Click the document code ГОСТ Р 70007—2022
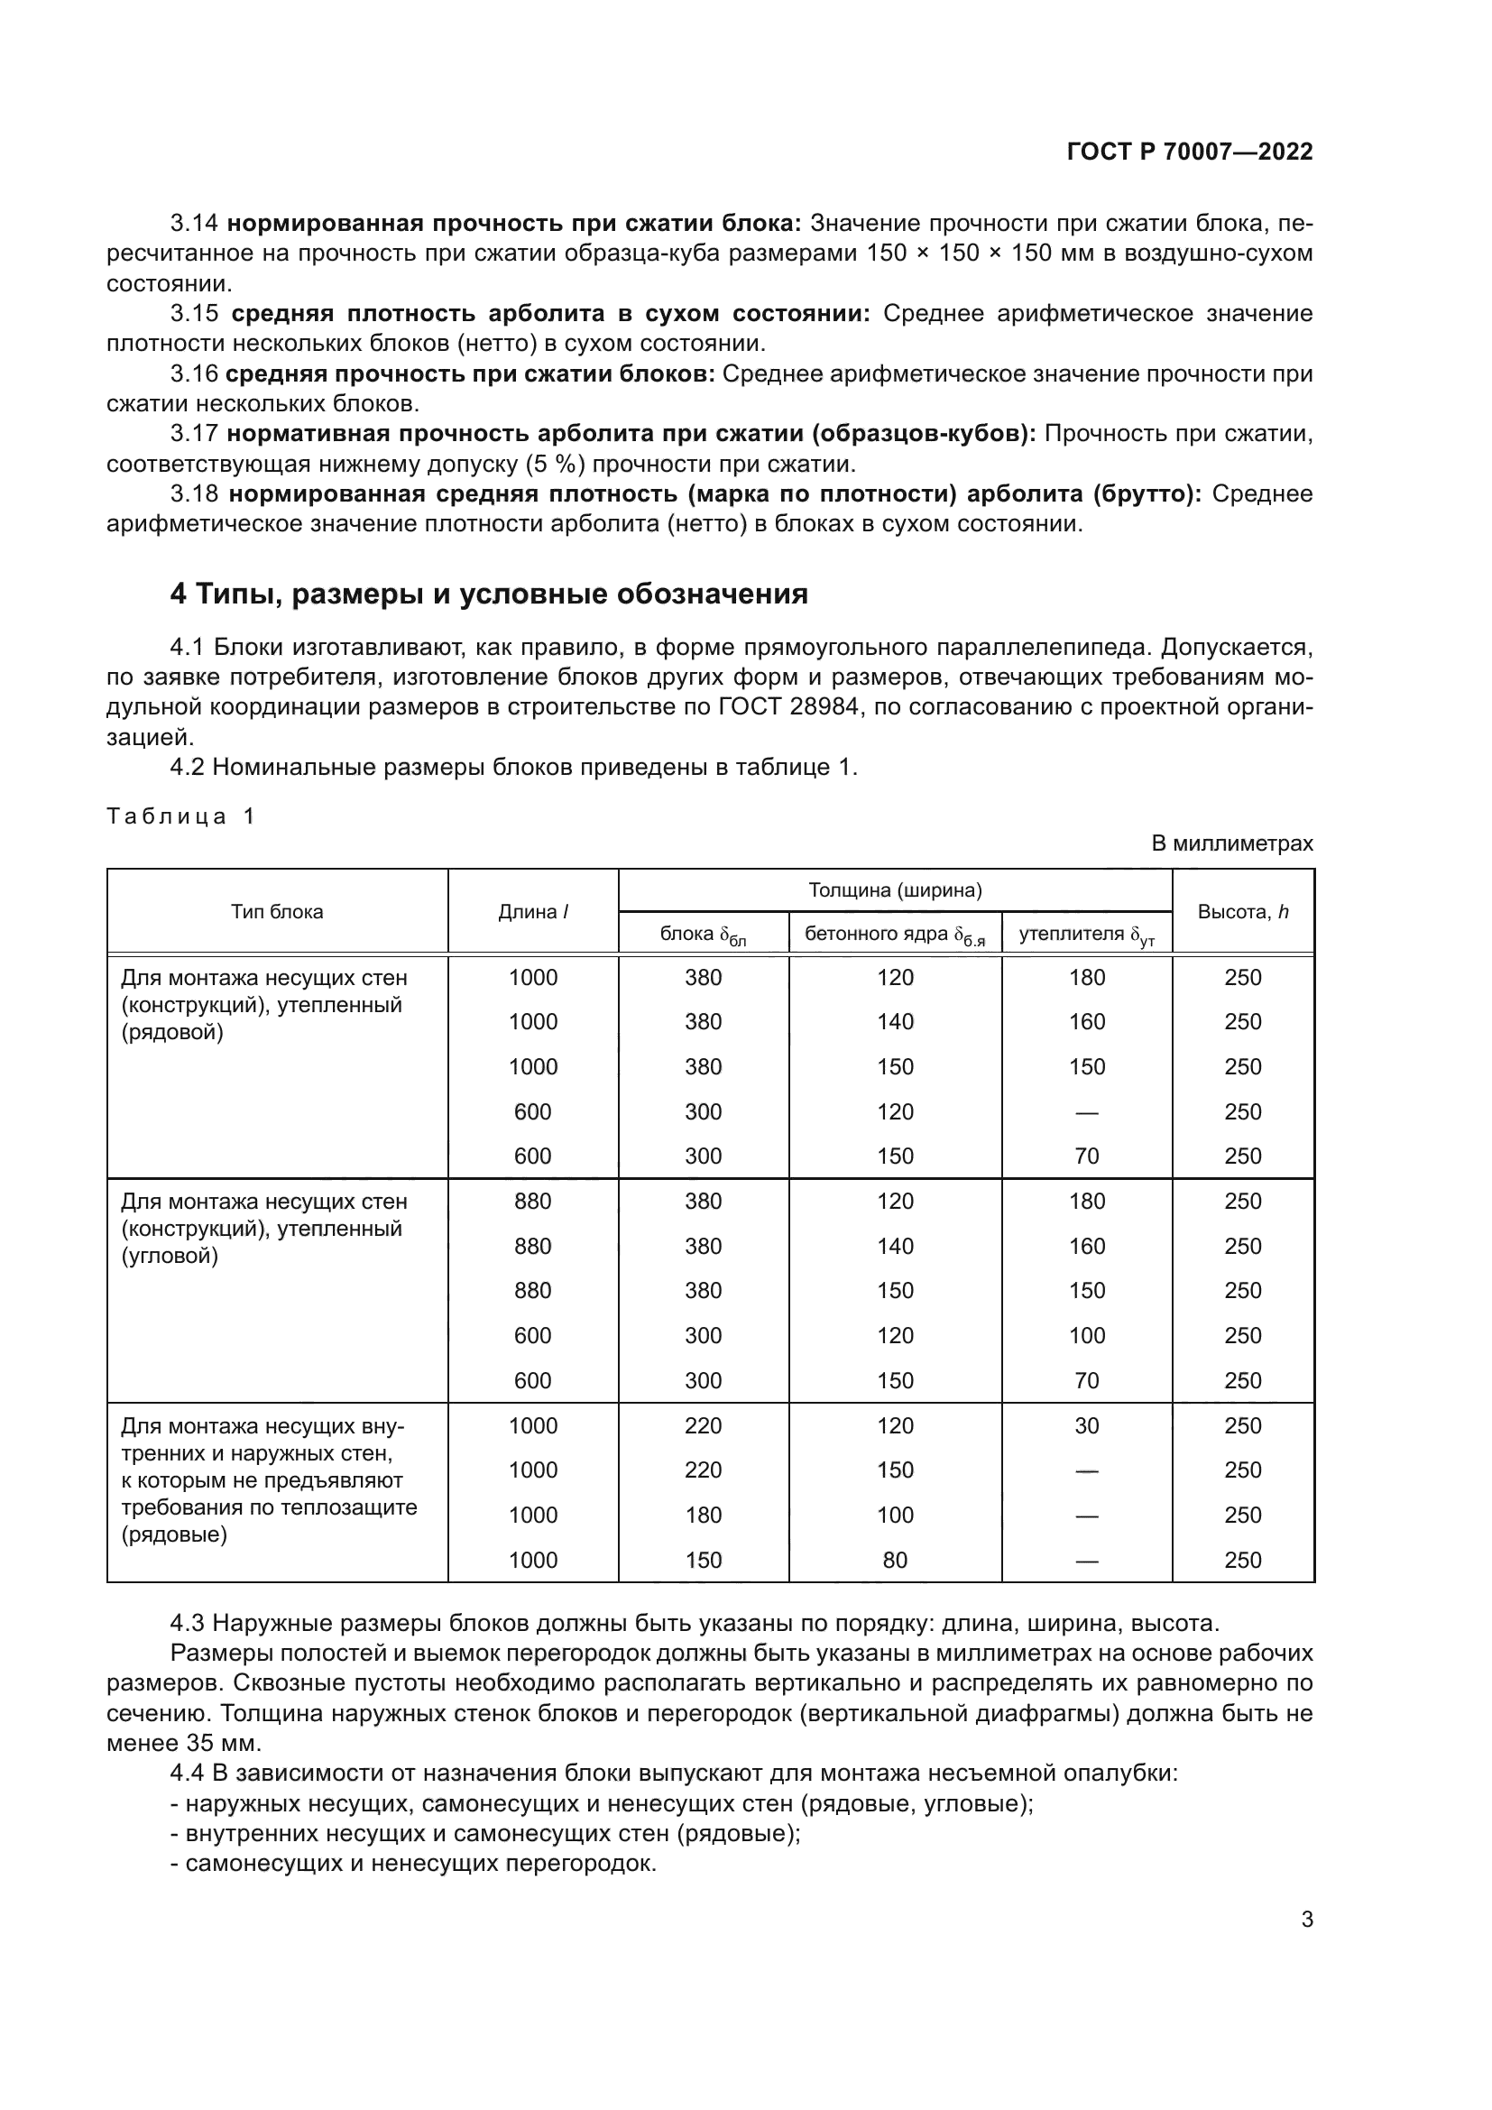tap(1190, 152)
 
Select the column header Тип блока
tap(277, 912)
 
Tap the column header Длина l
tap(533, 912)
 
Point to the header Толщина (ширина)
tap(895, 889)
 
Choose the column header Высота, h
tap(1242, 912)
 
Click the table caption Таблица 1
tap(181, 816)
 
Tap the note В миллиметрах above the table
tap(1232, 843)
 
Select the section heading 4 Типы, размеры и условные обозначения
tap(489, 594)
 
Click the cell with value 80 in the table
tap(894, 1560)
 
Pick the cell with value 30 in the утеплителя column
tap(1086, 1425)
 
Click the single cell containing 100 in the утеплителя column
tap(1086, 1335)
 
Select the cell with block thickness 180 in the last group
tap(703, 1515)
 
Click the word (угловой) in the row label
tap(170, 1256)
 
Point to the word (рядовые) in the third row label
tap(173, 1534)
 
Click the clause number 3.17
tap(194, 434)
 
